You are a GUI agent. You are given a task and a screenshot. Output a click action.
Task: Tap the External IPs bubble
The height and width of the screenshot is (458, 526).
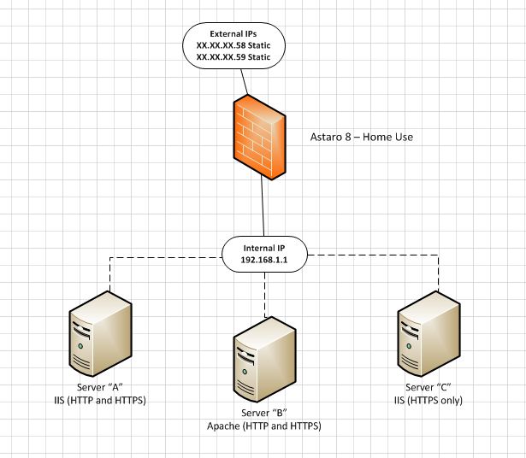234,46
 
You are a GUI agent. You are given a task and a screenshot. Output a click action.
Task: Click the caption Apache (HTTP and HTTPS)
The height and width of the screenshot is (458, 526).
264,425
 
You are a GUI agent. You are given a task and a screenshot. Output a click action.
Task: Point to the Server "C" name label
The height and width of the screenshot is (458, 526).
429,387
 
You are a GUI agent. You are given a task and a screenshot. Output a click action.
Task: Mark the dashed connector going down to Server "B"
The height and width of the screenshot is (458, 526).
264,295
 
